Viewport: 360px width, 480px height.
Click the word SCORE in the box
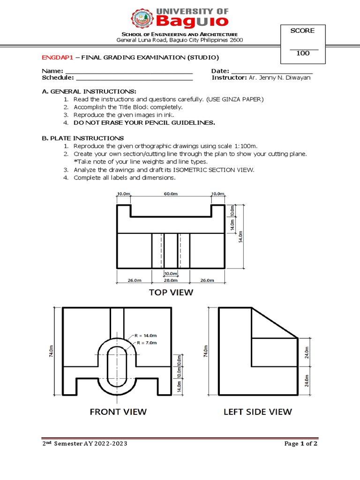[302, 31]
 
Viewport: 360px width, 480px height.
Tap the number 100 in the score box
[303, 53]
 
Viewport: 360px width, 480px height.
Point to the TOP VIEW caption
[171, 292]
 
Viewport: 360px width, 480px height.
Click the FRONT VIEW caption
[118, 412]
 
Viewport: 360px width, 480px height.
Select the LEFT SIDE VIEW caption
[257, 412]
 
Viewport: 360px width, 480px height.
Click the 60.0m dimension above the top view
[171, 194]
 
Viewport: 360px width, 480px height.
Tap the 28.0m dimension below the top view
[171, 280]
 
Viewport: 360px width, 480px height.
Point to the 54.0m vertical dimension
[241, 237]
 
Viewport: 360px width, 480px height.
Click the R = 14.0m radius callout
[145, 336]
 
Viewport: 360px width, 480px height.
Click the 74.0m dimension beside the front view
[52, 352]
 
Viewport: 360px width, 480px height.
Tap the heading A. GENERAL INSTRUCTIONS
[89, 91]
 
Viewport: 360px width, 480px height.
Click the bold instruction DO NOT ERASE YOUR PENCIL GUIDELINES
[144, 123]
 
